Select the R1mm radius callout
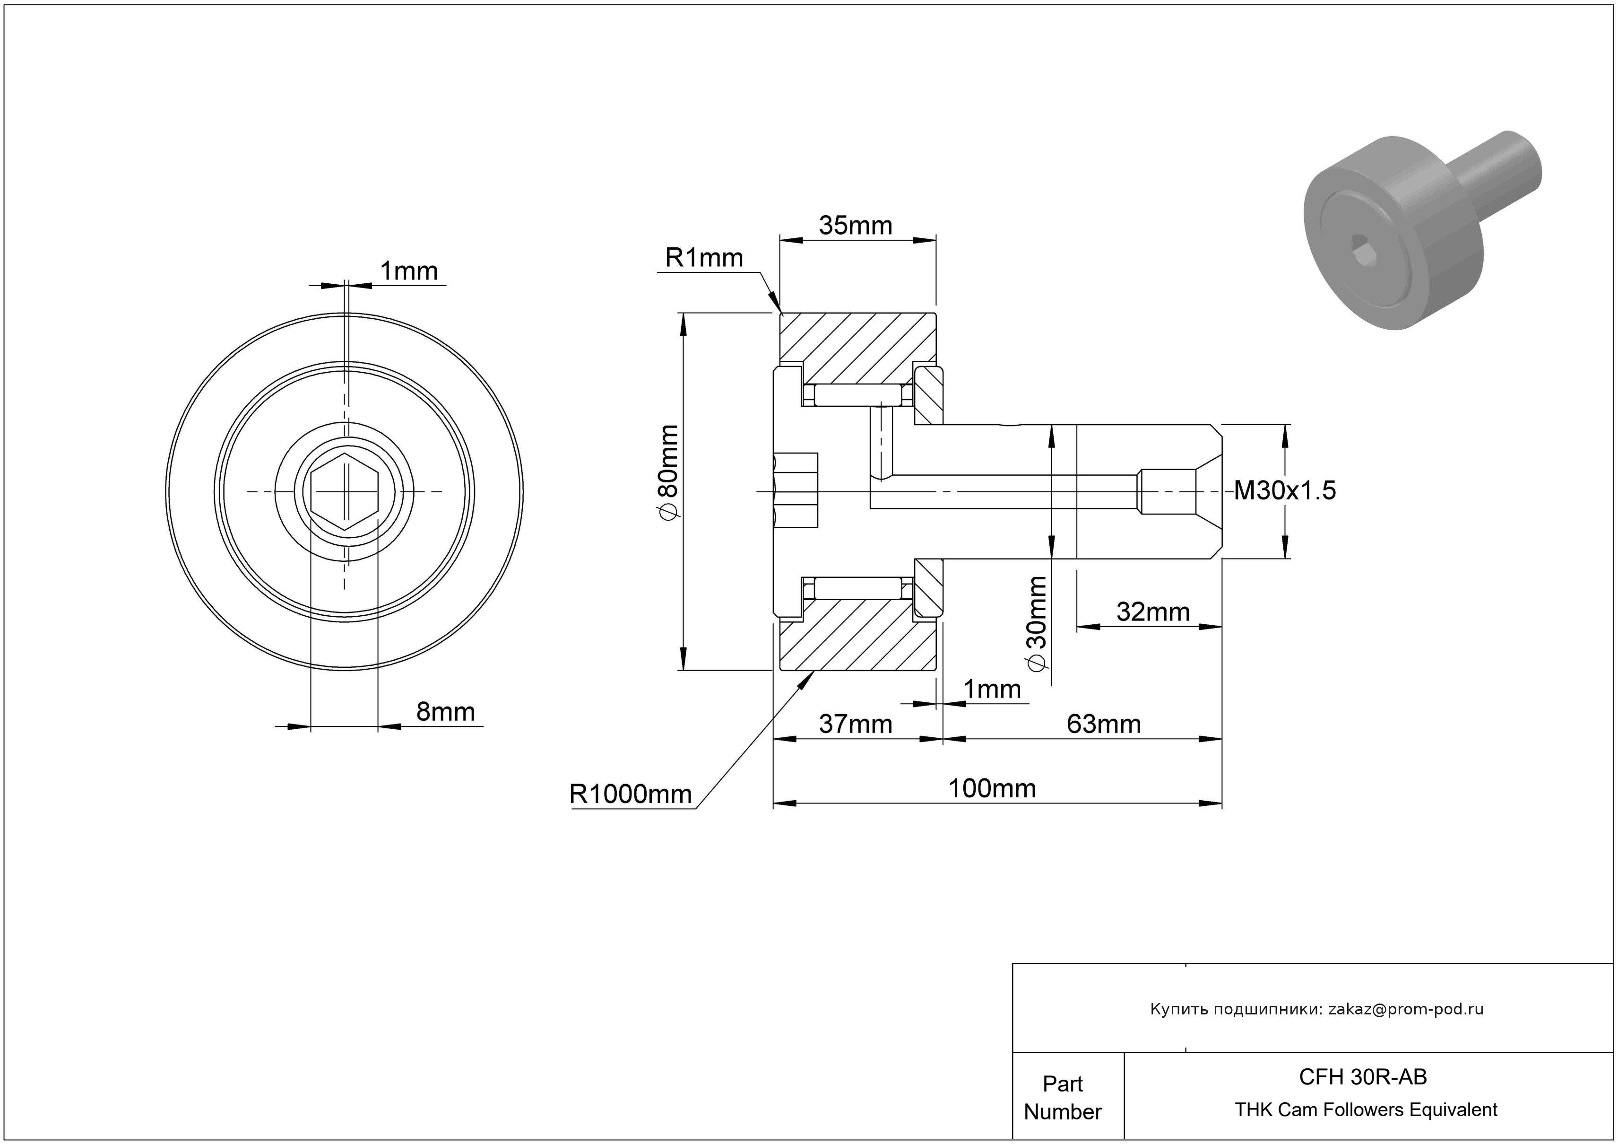pyautogui.click(x=704, y=258)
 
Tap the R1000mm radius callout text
pyautogui.click(x=630, y=795)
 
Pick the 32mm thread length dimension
pyautogui.click(x=1153, y=612)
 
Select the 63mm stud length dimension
pyautogui.click(x=1104, y=724)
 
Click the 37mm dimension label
pyautogui.click(x=856, y=724)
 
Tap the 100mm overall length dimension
pyautogui.click(x=992, y=788)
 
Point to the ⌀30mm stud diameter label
pyautogui.click(x=1038, y=623)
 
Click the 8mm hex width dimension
pyautogui.click(x=445, y=712)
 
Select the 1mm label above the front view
pyautogui.click(x=409, y=271)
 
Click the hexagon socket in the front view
pyautogui.click(x=345, y=491)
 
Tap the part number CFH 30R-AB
pyautogui.click(x=1363, y=1076)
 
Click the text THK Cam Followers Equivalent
pyautogui.click(x=1366, y=1109)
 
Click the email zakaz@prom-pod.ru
pyautogui.click(x=1406, y=1009)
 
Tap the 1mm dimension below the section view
pyautogui.click(x=992, y=689)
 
